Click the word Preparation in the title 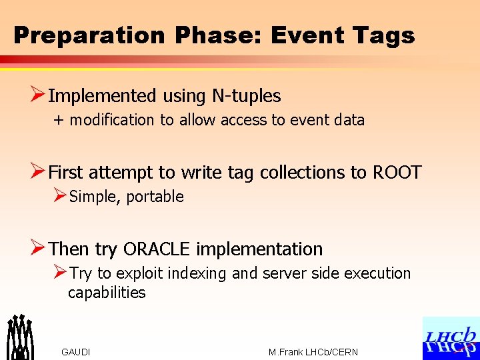pos(88,35)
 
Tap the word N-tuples pos(246,96)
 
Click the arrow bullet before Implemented pos(38,95)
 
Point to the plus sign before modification pos(59,120)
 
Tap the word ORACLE pos(157,249)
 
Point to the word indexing pos(198,273)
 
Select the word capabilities pos(107,293)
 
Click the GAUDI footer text pos(75,352)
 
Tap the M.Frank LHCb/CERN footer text pos(313,352)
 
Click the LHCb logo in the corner pos(451,339)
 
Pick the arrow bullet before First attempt pos(38,172)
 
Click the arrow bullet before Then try pos(38,249)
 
